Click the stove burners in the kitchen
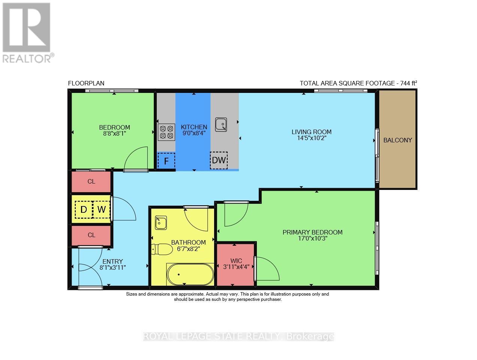point(166,132)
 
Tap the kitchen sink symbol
point(221,124)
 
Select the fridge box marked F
point(166,161)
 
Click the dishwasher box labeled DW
point(219,160)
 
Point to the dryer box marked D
point(84,210)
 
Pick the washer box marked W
point(102,210)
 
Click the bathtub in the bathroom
point(190,274)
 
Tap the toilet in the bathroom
point(162,249)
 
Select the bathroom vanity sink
point(161,223)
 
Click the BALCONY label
point(397,140)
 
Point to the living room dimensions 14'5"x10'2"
point(312,138)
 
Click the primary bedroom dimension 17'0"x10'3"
point(312,239)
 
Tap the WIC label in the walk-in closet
point(236,261)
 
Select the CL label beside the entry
point(91,235)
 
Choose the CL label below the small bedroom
point(91,181)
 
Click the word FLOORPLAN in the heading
point(86,83)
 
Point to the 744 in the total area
point(405,83)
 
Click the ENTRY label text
point(112,261)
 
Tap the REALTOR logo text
point(27,58)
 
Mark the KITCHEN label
point(194,127)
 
